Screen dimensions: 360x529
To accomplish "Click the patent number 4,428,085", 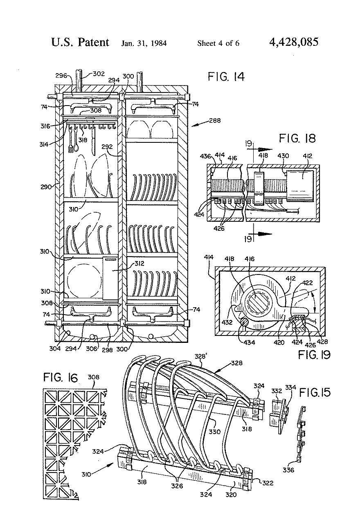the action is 293,42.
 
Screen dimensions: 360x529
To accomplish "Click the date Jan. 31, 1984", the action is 144,43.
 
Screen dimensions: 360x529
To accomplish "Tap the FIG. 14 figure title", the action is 226,77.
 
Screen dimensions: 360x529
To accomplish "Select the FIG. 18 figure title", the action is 297,138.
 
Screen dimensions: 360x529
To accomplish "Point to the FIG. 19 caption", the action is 314,354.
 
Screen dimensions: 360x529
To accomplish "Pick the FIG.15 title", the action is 315,393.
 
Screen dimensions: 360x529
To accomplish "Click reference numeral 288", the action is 215,120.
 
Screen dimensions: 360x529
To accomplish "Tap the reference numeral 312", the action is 139,263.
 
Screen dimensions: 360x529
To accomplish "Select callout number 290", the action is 46,187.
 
